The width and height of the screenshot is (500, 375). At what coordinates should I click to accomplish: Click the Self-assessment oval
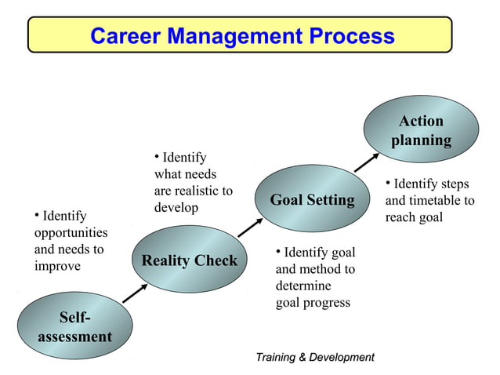[x=74, y=327]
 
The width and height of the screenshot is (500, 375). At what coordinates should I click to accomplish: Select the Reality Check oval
[x=189, y=260]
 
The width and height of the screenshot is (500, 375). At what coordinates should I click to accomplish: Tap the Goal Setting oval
[x=312, y=200]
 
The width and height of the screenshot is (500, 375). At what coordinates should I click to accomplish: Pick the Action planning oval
[x=421, y=130]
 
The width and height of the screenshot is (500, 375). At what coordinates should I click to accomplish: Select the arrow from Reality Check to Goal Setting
[x=250, y=227]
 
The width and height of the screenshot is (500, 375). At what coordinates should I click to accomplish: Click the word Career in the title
[x=129, y=36]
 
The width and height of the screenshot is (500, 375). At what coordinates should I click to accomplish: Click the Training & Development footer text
[x=315, y=358]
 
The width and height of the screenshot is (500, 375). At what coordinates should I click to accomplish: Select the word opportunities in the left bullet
[x=71, y=233]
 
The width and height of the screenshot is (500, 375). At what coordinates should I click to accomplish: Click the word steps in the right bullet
[x=453, y=184]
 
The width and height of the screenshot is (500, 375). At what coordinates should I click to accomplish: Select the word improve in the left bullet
[x=57, y=266]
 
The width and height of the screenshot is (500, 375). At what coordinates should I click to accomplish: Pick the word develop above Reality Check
[x=176, y=207]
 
